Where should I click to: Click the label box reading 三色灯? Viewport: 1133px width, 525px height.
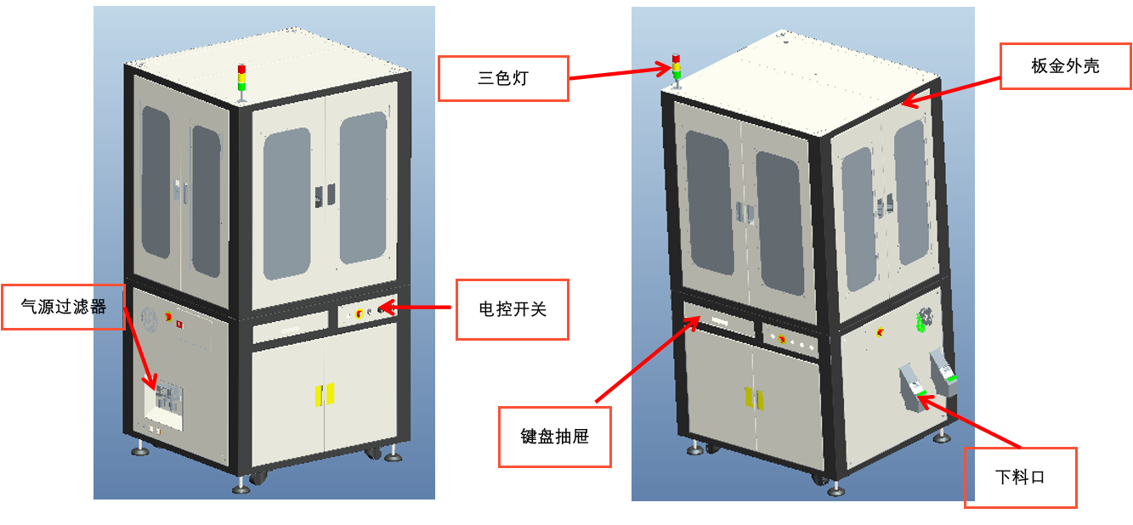(503, 78)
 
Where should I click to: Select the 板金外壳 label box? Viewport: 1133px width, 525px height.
(1065, 66)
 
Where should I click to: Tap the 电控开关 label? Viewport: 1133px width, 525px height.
(512, 309)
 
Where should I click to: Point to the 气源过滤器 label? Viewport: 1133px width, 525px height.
(64, 308)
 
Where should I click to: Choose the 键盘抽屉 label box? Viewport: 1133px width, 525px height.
(554, 437)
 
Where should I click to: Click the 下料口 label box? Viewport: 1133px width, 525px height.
(1020, 477)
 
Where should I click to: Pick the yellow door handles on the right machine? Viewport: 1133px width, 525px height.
(751, 398)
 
